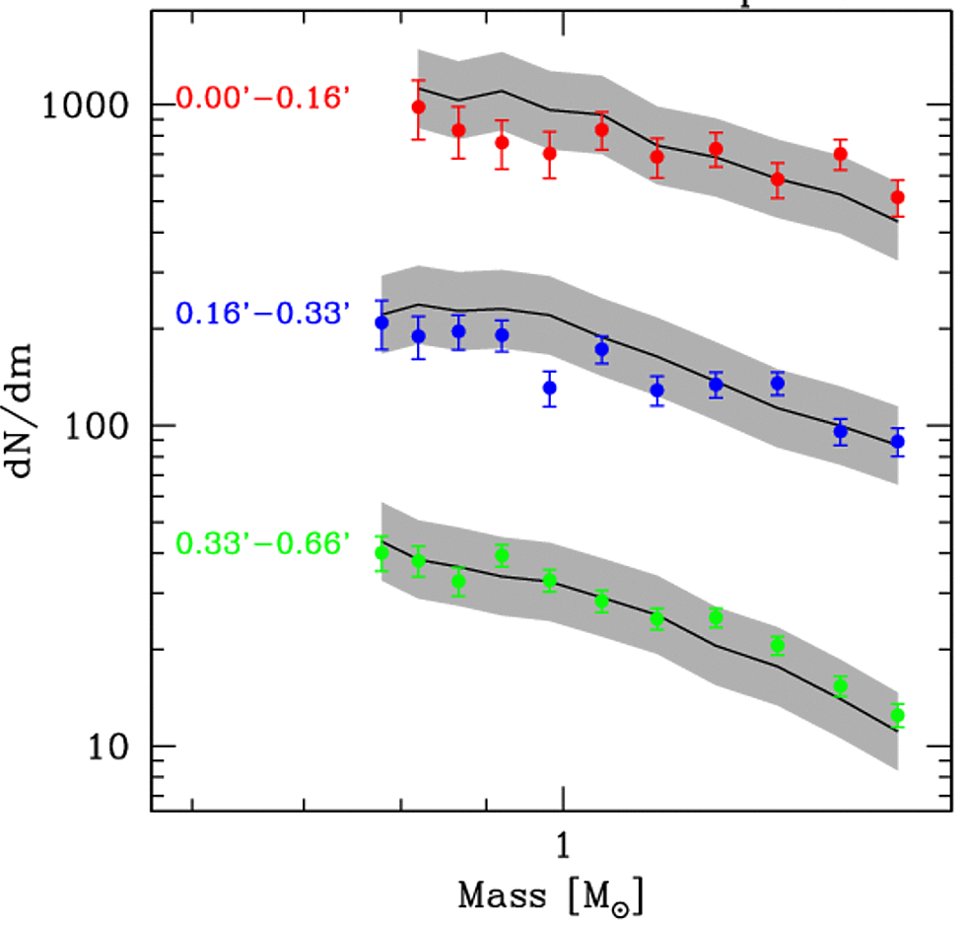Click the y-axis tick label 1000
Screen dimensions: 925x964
coord(87,105)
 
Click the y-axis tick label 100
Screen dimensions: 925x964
coord(98,426)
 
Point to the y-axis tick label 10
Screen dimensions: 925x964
coord(108,747)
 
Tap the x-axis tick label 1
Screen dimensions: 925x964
coord(562,844)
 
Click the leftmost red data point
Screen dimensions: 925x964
coord(418,107)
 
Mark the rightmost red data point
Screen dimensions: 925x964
coord(897,197)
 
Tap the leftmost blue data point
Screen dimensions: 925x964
coord(382,322)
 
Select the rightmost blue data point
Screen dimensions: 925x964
coord(897,441)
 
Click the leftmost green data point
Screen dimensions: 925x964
coord(382,553)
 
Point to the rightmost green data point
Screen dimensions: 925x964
coord(897,715)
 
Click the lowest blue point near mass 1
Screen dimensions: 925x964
coord(550,388)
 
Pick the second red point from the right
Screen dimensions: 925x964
coord(840,154)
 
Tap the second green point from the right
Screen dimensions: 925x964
coord(840,686)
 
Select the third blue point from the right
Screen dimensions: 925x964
coord(778,383)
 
